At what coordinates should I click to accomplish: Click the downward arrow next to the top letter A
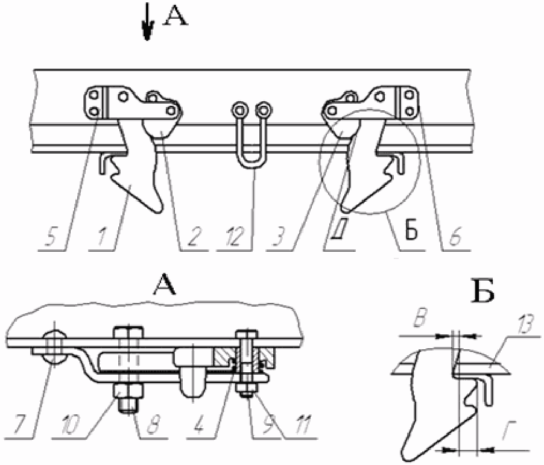pos(147,22)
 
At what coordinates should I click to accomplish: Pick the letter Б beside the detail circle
pos(411,231)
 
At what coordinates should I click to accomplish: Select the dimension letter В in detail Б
pos(419,319)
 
